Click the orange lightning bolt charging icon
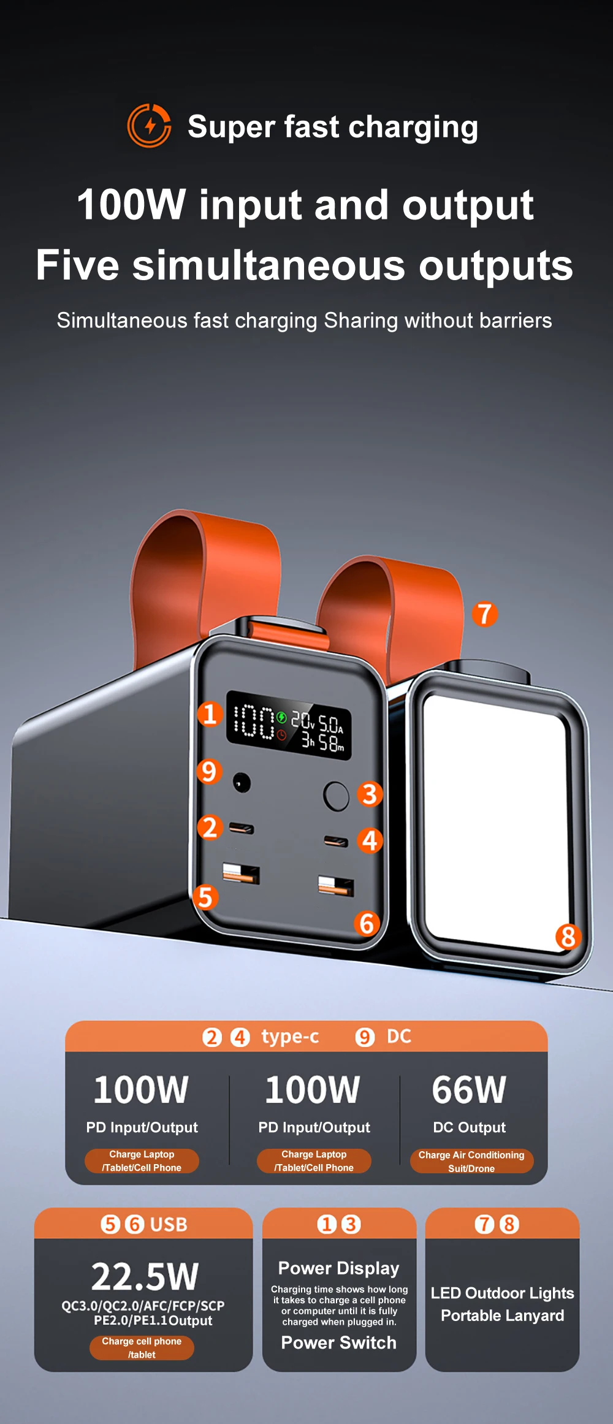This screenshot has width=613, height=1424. [149, 126]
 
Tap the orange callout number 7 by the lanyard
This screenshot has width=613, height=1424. [484, 614]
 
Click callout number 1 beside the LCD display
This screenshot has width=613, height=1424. [210, 714]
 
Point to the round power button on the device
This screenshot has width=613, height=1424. [336, 796]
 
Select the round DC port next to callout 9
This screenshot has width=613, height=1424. [242, 783]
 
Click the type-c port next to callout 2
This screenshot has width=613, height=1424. [242, 829]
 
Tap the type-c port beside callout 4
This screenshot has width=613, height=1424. [336, 841]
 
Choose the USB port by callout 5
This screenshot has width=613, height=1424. [241, 873]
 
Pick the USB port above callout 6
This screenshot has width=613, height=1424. [336, 886]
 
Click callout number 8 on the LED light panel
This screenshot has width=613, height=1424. [568, 936]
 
